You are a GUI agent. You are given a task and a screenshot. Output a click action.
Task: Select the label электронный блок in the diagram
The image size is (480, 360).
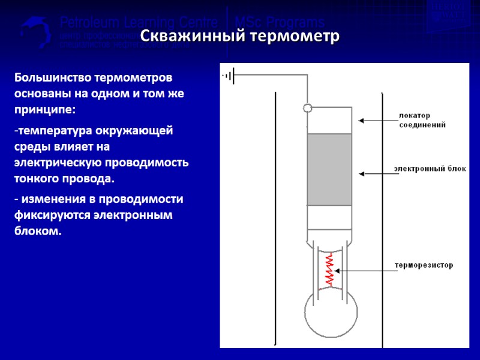click(430, 169)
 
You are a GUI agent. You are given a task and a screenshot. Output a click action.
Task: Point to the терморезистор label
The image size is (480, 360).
click(423, 265)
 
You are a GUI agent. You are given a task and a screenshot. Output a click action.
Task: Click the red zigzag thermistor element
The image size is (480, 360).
click(329, 269)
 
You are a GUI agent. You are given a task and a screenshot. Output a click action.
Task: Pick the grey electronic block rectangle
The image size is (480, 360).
click(329, 170)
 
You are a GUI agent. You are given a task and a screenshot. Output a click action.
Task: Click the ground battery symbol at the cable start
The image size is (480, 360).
click(230, 76)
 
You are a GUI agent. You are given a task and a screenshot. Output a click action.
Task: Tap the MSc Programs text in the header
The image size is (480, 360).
click(279, 23)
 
